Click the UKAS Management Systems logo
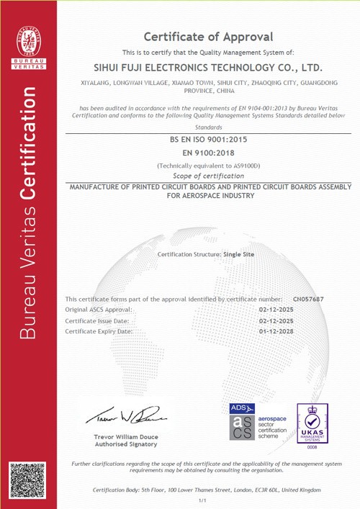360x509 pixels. [313, 423]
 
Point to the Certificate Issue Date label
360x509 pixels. [97, 320]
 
